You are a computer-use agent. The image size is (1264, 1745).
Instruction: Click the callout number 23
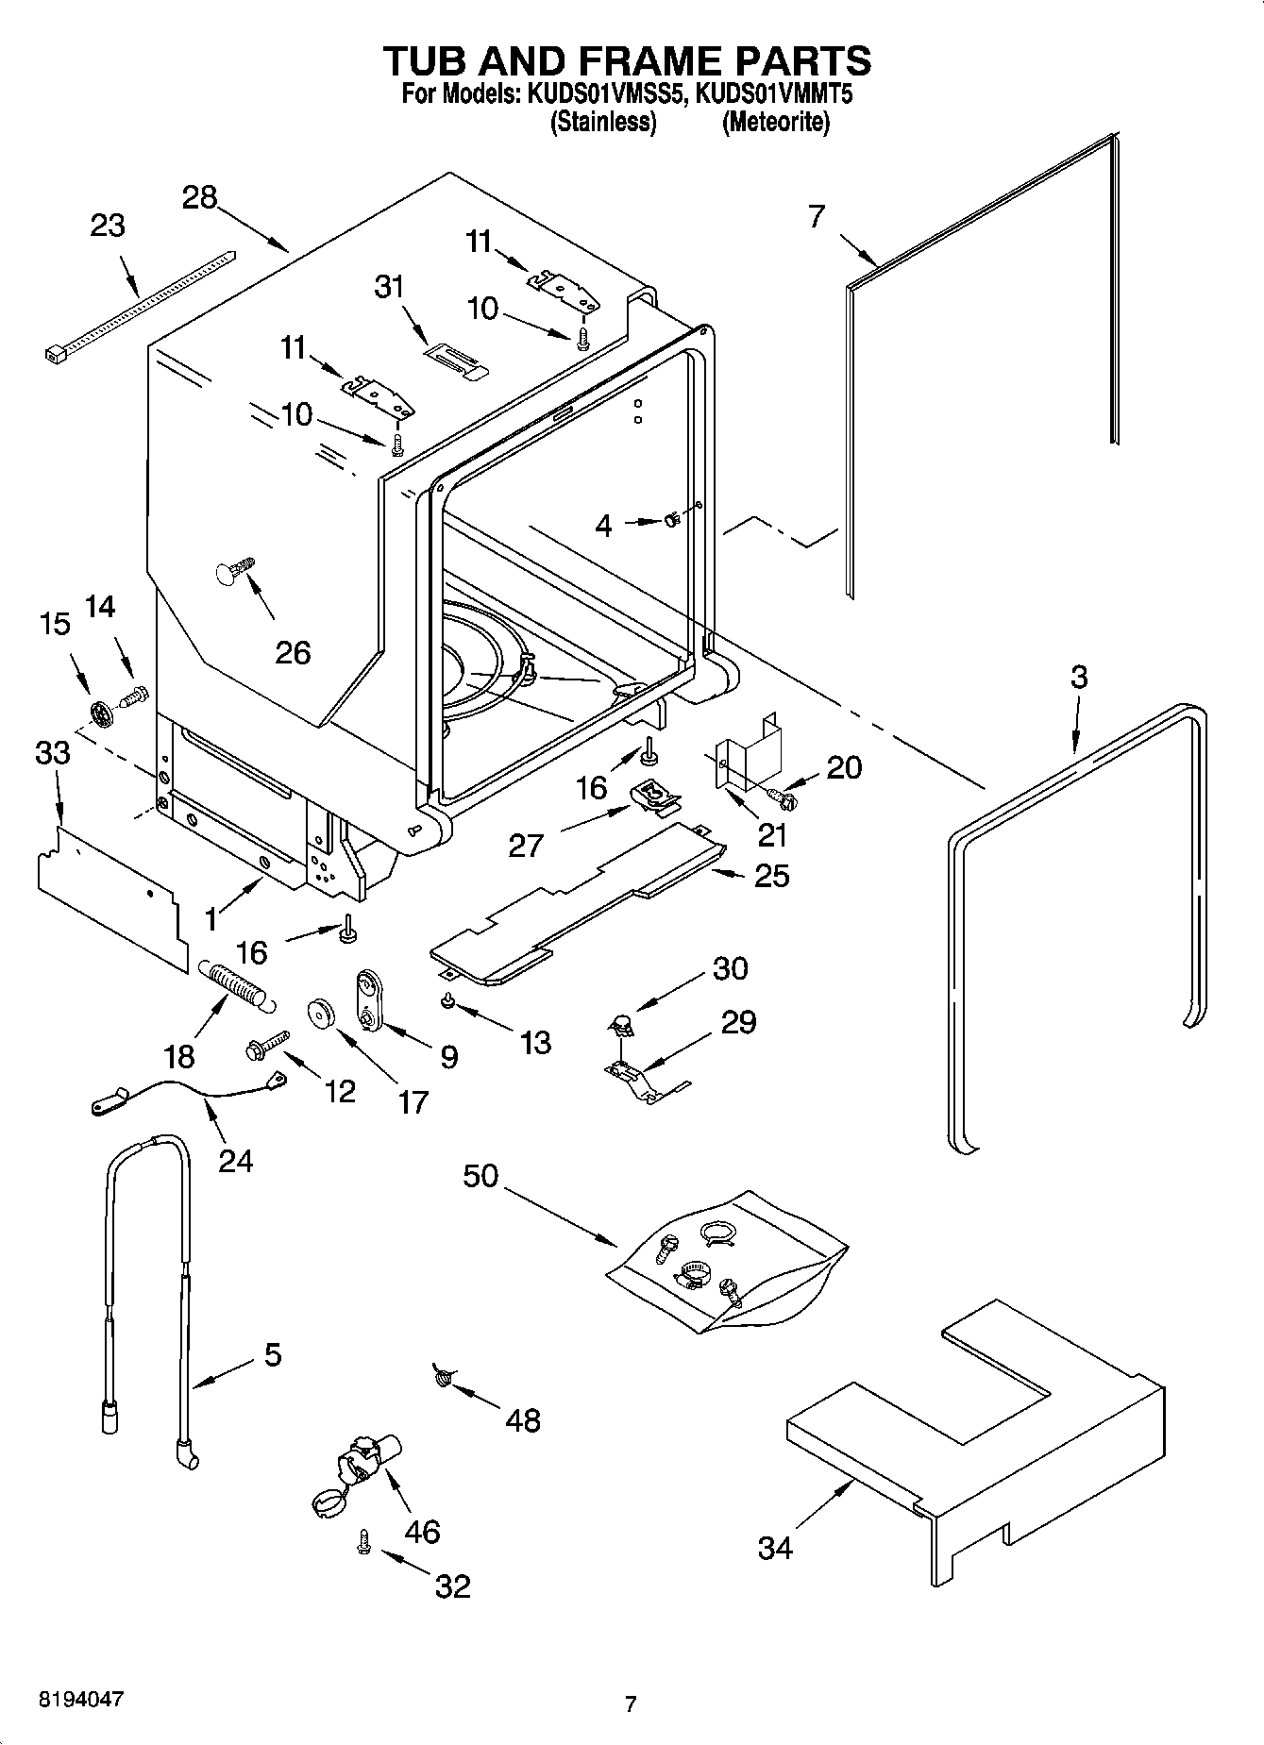click(108, 227)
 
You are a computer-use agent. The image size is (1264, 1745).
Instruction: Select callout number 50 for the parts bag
click(480, 1177)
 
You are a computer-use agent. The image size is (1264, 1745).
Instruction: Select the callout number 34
click(775, 1548)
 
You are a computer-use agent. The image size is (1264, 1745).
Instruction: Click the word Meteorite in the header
click(775, 123)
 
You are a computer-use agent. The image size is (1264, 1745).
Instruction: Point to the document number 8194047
click(80, 1700)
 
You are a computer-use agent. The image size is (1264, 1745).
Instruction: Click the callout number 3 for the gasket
click(1079, 677)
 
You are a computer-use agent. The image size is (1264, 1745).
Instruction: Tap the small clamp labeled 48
click(442, 1378)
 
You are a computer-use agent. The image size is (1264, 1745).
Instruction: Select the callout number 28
click(199, 197)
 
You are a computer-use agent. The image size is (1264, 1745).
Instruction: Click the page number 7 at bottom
click(631, 1703)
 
